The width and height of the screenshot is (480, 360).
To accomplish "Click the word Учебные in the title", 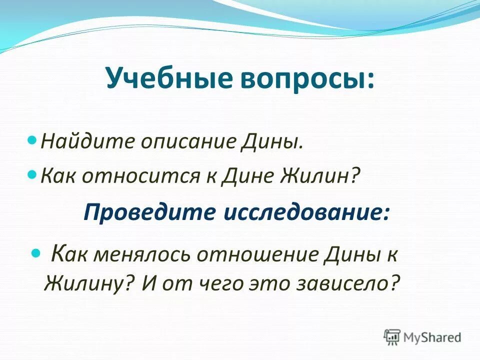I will tap(161, 79).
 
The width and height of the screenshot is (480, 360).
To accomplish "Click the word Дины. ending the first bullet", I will tap(273, 141).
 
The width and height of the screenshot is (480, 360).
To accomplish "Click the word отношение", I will tap(259, 255).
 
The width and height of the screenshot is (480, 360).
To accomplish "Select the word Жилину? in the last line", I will tap(91, 283).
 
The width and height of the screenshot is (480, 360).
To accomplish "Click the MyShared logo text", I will tap(432, 337).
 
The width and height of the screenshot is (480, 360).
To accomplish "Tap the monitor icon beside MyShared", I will tap(392, 336).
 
